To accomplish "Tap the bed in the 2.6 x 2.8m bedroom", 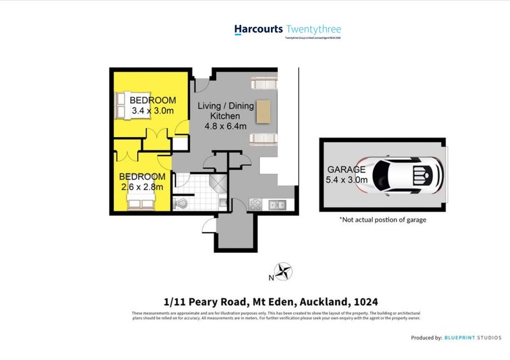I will (x=140, y=202).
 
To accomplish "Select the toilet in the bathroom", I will (x=180, y=203).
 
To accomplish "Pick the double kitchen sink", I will (x=277, y=205).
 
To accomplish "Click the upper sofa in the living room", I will (x=263, y=83).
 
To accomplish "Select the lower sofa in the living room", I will (x=263, y=140).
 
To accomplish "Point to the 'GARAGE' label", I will (x=346, y=169).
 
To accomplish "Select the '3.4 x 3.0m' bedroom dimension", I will (x=152, y=110).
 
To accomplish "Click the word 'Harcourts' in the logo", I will (x=258, y=29).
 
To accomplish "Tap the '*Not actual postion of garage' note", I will (x=382, y=220).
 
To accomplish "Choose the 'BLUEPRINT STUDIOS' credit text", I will (x=474, y=338).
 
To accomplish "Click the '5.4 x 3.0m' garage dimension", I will (x=347, y=180).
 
